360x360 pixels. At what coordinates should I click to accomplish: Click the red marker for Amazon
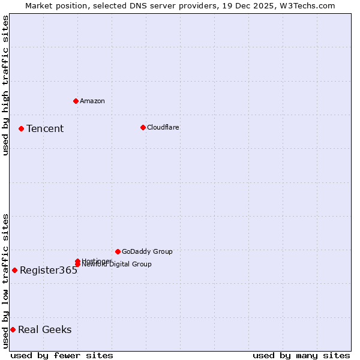coord(76,101)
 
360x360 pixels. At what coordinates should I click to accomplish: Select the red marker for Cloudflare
coord(143,127)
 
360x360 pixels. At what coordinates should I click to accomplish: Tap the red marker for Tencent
coord(21,128)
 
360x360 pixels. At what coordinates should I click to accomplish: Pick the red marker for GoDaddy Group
coord(118,251)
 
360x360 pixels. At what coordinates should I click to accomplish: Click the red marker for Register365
coord(14,270)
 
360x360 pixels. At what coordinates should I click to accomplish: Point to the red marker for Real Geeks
coord(13,329)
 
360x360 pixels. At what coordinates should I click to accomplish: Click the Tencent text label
coord(45,129)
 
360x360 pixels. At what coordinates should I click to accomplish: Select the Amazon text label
coord(92,101)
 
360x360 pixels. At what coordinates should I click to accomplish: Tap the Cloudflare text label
coord(163,127)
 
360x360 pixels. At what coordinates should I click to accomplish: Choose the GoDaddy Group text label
coord(147,251)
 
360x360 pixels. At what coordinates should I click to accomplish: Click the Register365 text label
coord(49,271)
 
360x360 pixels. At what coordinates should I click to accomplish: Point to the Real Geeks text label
coord(45,330)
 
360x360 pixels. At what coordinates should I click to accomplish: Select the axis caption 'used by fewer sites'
coord(62,355)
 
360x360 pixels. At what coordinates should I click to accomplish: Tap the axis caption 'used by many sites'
coord(301,355)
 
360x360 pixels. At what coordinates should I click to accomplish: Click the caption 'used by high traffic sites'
coord(6,85)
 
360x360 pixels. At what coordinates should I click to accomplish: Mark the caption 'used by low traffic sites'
coord(6,281)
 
